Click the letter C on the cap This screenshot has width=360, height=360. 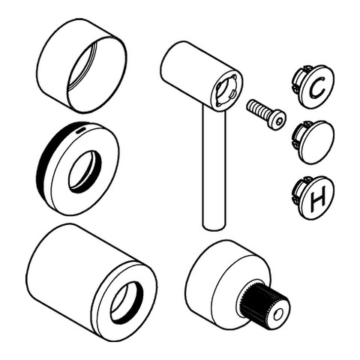[x=316, y=89]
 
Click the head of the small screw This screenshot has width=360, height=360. [x=278, y=118]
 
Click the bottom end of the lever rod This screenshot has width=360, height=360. [x=213, y=225]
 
